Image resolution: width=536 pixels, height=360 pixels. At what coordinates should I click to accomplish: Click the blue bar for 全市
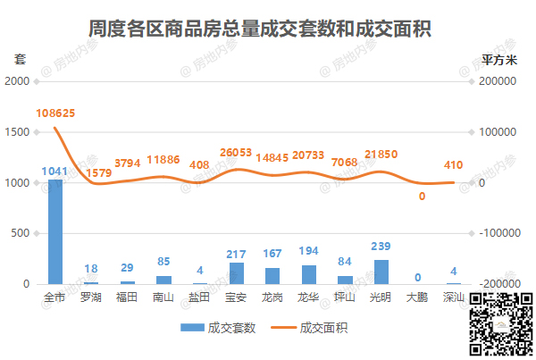coord(55,231)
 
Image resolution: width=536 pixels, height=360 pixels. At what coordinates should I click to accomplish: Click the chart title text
coord(260,30)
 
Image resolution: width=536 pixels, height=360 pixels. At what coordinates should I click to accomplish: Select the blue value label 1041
coord(55,171)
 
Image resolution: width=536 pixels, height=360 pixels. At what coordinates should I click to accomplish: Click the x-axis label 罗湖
coord(91,297)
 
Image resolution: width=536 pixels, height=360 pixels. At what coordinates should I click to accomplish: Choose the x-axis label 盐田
coord(199,297)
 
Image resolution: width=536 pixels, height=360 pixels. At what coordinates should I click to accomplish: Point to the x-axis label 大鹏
coord(417,297)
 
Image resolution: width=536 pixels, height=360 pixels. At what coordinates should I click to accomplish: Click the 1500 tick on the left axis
coord(17,132)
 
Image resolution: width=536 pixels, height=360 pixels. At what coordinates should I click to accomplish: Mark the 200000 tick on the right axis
coord(498,81)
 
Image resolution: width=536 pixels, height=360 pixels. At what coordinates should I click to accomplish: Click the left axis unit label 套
coord(20,60)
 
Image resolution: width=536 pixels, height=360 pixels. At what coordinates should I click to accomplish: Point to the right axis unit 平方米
coord(499,60)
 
